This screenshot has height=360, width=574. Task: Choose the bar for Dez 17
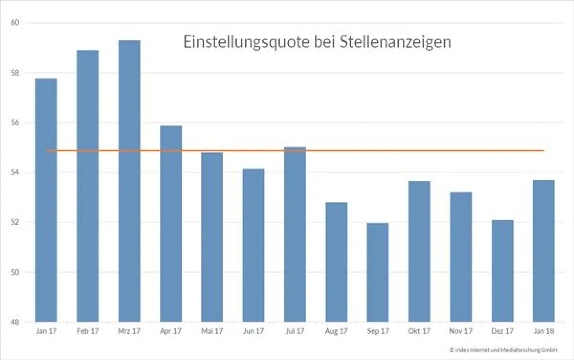coord(502,270)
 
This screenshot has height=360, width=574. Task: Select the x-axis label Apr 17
coord(171,331)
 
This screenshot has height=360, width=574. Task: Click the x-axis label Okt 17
coord(419,331)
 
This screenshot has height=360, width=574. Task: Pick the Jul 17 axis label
coord(295,331)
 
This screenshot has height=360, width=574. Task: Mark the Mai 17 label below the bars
coord(212,331)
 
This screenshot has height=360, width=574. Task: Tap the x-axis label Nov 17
coord(461,331)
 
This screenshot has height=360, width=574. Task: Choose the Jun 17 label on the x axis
coord(254,331)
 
